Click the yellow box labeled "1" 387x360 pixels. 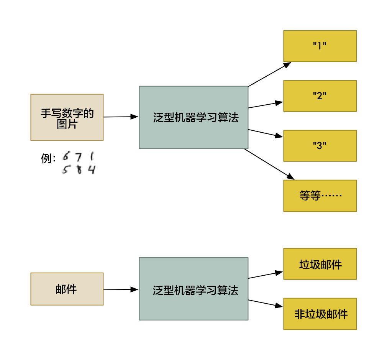tap(320, 46)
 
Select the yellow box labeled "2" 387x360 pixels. tap(320, 96)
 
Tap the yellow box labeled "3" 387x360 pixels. tap(320, 146)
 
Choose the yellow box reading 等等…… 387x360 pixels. tap(320, 196)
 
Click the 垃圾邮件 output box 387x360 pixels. tap(320, 264)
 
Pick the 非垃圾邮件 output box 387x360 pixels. tap(320, 314)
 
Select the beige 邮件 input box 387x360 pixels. tap(67, 289)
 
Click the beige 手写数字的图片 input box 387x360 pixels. tap(67, 117)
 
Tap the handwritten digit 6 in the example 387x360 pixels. tap(67, 156)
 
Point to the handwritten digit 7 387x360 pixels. tap(79, 157)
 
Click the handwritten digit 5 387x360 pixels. tap(66, 169)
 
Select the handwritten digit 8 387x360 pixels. tap(79, 169)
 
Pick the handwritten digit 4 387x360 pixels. tap(91, 169)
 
